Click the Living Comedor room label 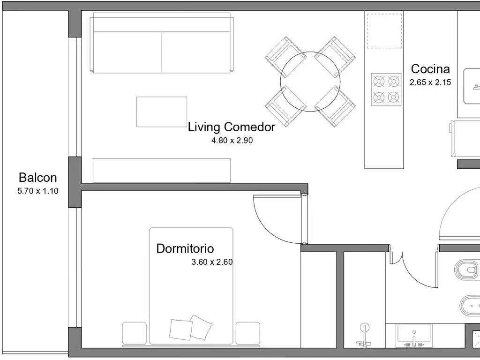[x=232, y=127]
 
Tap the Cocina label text [x=430, y=69]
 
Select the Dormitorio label [x=185, y=248]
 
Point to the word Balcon [x=37, y=178]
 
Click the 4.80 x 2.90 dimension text [x=232, y=141]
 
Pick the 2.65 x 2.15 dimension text [x=430, y=82]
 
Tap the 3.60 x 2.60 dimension [x=212, y=262]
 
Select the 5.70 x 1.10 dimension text [x=38, y=191]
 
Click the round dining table [x=310, y=82]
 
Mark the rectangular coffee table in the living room [x=162, y=112]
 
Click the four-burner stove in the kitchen [x=386, y=90]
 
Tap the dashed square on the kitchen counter [x=384, y=31]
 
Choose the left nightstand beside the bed [x=135, y=333]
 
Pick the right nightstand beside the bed [x=247, y=333]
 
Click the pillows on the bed [x=190, y=328]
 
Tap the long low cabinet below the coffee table [x=162, y=171]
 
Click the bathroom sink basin [x=414, y=336]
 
